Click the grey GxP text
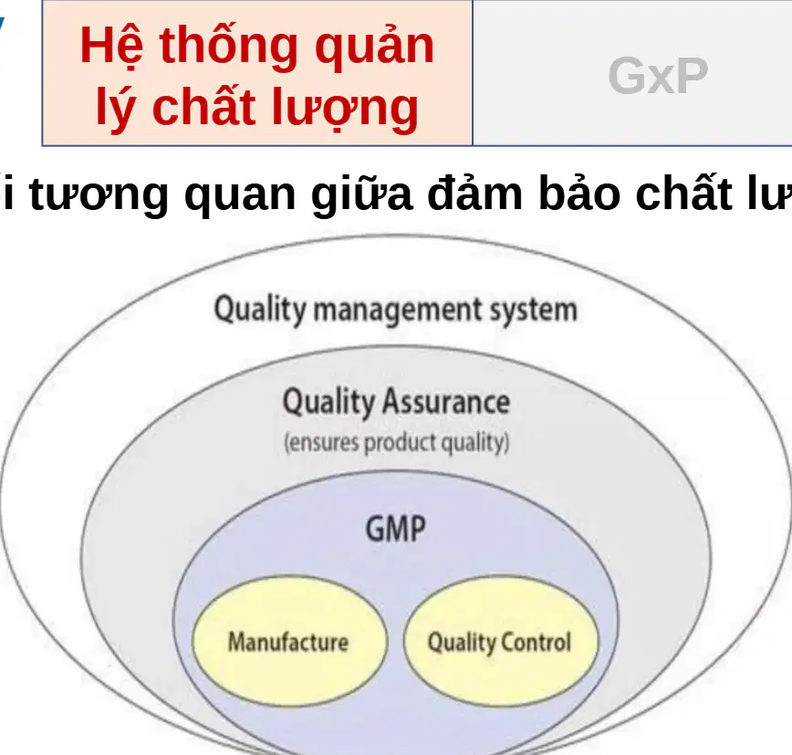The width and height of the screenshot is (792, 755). point(658,76)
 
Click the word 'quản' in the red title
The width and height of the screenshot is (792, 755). point(374,47)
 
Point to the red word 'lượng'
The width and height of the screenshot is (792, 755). point(345,108)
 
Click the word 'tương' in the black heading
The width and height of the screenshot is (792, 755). point(99,195)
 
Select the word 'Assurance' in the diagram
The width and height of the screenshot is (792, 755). point(445,403)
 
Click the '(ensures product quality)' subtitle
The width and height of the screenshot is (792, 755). point(397,443)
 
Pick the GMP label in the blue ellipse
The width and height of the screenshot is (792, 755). point(395,530)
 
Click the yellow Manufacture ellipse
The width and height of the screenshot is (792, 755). point(290,641)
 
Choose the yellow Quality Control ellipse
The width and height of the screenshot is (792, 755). point(501,641)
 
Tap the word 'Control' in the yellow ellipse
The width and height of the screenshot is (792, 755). point(536,642)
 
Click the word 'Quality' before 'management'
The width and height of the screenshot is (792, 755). point(260,309)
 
